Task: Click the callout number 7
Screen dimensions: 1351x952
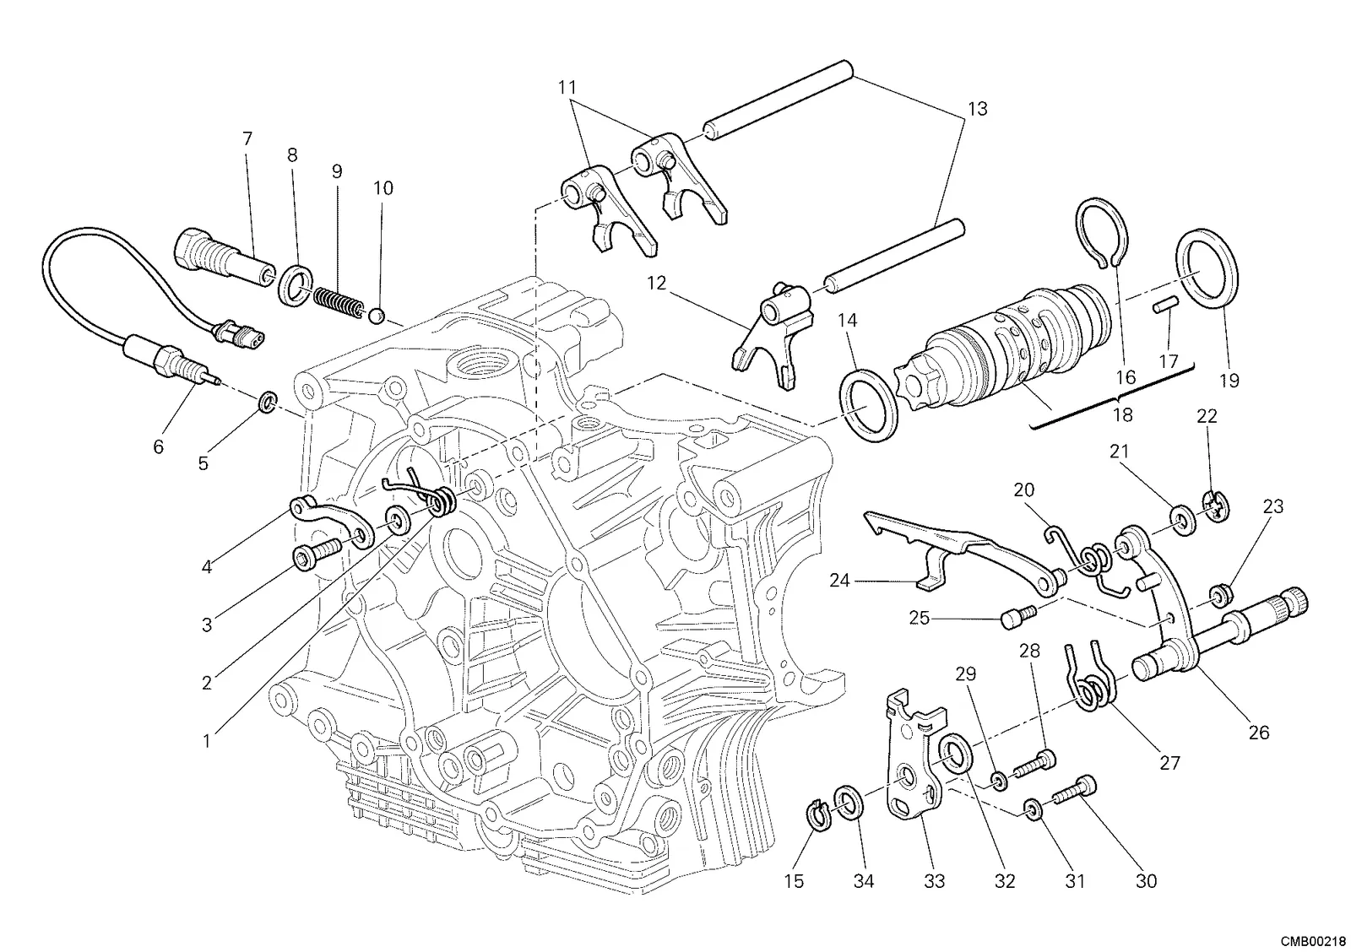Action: tap(247, 139)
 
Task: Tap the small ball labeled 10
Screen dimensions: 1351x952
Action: tap(377, 316)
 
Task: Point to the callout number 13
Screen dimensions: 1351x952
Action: tap(978, 109)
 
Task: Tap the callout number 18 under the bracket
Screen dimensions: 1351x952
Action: tap(1122, 414)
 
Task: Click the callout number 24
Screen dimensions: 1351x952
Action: tap(839, 581)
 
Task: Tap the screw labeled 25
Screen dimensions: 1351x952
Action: tap(1018, 619)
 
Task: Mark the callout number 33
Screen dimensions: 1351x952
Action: tap(934, 881)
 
